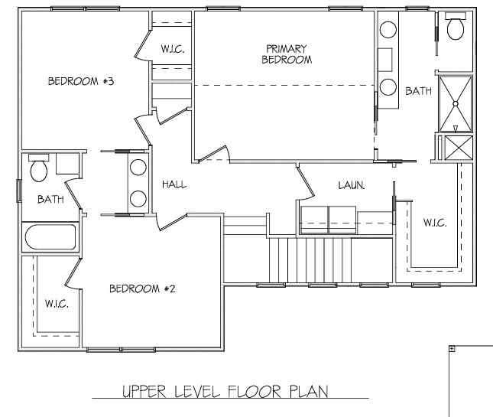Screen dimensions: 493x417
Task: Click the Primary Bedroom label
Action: (x=287, y=54)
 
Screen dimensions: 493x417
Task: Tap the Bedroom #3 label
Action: (x=81, y=81)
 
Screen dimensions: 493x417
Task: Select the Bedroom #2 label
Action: (x=142, y=288)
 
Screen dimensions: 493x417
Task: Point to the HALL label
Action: (x=174, y=184)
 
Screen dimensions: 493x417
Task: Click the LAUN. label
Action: (x=352, y=185)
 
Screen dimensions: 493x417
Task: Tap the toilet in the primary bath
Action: (x=456, y=26)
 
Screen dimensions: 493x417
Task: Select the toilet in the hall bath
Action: (x=39, y=168)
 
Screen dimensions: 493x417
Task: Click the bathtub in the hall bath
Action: (x=50, y=236)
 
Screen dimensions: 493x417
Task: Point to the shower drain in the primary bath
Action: (x=456, y=103)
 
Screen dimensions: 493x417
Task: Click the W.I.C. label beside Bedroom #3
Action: (x=173, y=49)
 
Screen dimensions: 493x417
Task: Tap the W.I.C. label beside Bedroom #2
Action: (x=57, y=304)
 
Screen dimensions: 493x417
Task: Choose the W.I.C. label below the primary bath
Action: (x=435, y=223)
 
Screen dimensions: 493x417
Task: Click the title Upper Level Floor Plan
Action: (x=225, y=391)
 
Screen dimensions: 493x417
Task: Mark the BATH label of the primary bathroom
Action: (x=419, y=91)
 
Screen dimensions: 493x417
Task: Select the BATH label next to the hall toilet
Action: (x=50, y=199)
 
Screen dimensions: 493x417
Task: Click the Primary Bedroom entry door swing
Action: (x=215, y=155)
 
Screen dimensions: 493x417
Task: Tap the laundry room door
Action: (x=306, y=184)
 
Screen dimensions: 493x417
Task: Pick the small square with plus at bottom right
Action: (x=452, y=348)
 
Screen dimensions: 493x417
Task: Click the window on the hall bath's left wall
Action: (x=19, y=191)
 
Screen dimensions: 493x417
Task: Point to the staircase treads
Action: (x=310, y=260)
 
